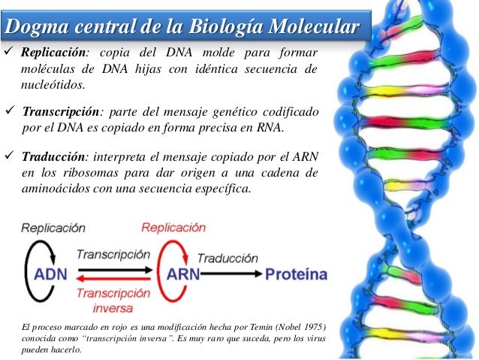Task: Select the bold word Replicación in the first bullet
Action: (x=54, y=55)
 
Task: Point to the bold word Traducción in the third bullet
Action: (x=54, y=156)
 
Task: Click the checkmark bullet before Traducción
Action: (x=11, y=156)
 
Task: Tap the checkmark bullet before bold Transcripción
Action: (x=11, y=113)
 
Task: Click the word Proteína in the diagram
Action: (x=296, y=275)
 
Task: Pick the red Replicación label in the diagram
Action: (x=173, y=227)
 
